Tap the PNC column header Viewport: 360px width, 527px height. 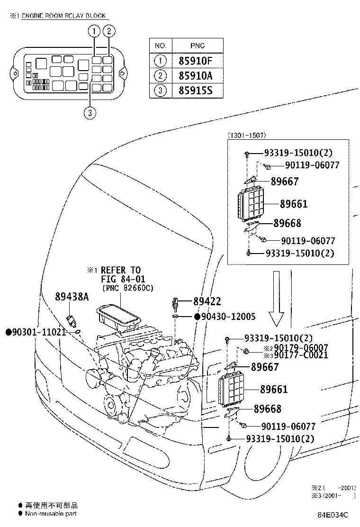coord(198,45)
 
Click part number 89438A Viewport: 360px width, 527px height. coord(72,297)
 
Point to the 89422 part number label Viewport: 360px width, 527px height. coord(207,301)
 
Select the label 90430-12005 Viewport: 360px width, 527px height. coord(228,316)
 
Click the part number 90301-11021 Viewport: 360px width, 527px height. coord(39,332)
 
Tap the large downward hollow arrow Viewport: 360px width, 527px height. coord(276,299)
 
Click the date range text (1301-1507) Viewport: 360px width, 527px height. coord(247,135)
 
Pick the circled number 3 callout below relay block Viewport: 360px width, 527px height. coord(90,113)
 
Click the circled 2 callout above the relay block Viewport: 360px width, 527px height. coord(109,31)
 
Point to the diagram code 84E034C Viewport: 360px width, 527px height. coord(333,515)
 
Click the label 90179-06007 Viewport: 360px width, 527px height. coord(301,347)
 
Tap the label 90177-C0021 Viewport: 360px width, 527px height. coord(301,355)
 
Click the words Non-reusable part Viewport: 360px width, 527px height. coord(51,514)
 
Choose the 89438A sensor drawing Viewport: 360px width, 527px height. coord(71,320)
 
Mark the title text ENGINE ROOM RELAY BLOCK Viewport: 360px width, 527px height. coord(64,16)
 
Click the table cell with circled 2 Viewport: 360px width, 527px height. coord(161,76)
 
